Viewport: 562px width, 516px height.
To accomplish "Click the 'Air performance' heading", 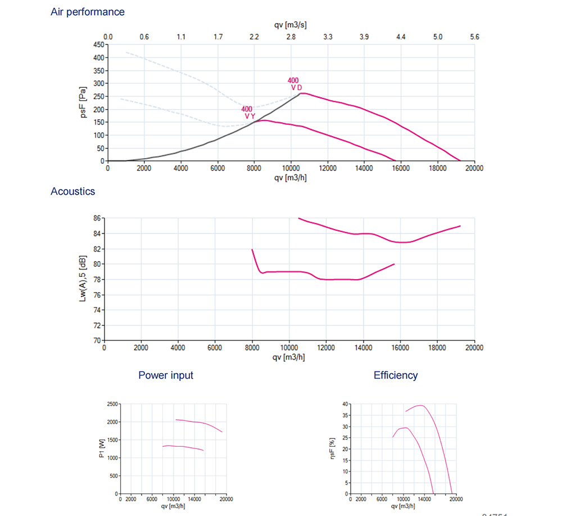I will point(88,12).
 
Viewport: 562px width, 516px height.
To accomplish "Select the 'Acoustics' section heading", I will point(73,191).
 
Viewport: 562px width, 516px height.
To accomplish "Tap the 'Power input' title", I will point(166,375).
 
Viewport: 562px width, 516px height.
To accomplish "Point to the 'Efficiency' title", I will point(396,375).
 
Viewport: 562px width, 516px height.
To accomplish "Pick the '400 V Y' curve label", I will point(248,113).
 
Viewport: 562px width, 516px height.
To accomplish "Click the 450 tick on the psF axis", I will point(98,44).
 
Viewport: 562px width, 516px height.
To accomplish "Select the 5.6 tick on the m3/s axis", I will point(474,37).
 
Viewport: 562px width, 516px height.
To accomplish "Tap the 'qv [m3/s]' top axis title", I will point(291,25).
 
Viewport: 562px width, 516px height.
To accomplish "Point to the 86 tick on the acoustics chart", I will point(97,218).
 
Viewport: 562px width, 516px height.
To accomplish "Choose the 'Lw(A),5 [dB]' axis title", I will point(83,279).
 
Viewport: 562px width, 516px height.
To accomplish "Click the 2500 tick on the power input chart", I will point(112,404).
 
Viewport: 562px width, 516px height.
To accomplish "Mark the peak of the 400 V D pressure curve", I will point(302,93).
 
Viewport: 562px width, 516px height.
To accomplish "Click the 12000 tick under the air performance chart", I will point(327,168).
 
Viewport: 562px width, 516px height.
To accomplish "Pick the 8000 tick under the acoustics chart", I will point(252,348).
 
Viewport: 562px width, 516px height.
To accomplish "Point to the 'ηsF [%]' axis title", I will point(332,449).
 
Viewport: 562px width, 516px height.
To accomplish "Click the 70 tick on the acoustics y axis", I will point(97,340).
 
